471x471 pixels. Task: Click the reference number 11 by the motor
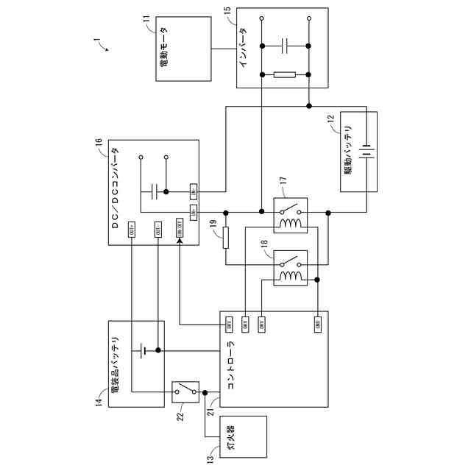coord(146,16)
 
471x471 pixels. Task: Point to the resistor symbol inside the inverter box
coord(286,74)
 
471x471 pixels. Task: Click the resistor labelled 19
coord(227,238)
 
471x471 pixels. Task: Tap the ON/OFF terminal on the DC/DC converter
coord(179,229)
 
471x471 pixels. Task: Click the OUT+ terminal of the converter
coord(132,229)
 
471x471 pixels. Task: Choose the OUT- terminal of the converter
coord(157,229)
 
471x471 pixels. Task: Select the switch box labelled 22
coord(186,392)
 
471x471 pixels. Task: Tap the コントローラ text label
coord(230,364)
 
